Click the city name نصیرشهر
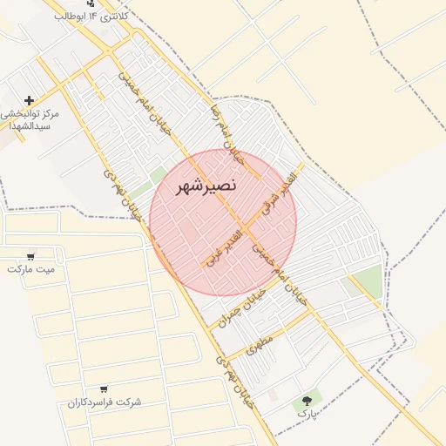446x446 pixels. [189, 187]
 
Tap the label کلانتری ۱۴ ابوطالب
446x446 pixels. [91, 17]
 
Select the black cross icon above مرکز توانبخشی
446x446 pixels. [30, 101]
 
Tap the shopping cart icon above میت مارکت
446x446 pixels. [31, 256]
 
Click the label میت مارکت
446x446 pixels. [31, 269]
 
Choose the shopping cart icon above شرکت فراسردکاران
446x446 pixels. [104, 389]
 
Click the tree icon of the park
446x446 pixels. [306, 401]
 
